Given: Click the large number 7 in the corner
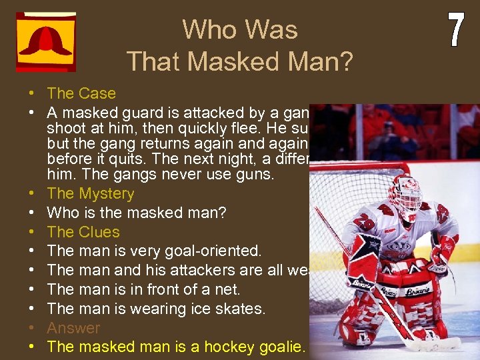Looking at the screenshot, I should (455, 31).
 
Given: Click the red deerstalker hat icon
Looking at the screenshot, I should (45, 41).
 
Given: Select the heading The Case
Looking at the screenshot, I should (81, 93).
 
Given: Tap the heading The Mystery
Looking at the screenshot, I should (91, 194).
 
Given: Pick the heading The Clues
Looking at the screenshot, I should (83, 232).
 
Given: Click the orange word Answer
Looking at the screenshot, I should (73, 328).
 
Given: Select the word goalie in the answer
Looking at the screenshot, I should (281, 347).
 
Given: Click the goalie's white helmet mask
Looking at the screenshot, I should (405, 193).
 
